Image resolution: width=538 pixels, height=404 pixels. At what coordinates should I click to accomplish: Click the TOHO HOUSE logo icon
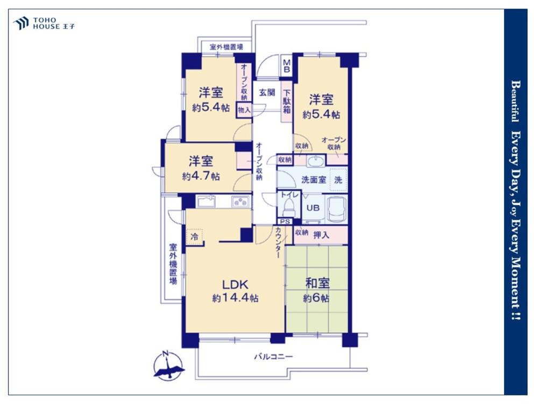tap(20, 23)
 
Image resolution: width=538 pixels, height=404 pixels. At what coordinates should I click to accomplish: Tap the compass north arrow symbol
tap(168, 365)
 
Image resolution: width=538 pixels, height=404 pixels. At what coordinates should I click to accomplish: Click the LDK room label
tap(235, 284)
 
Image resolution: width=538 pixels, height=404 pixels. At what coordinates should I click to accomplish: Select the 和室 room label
tap(317, 283)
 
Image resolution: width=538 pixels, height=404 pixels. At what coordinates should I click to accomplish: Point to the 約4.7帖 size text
tap(201, 176)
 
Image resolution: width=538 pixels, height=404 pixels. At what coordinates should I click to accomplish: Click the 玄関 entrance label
tap(267, 92)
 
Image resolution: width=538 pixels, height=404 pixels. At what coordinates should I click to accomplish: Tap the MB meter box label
tap(287, 66)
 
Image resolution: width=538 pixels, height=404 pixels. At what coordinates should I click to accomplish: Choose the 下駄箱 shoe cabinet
tap(287, 101)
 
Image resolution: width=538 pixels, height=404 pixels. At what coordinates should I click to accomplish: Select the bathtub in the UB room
tap(337, 208)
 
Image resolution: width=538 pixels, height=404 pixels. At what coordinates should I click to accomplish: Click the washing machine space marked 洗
tap(338, 180)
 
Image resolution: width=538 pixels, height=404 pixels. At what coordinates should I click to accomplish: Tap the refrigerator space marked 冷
tap(195, 236)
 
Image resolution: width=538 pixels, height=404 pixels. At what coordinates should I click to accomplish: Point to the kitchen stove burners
tap(241, 201)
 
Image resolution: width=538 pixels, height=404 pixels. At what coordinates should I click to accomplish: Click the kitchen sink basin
tap(206, 201)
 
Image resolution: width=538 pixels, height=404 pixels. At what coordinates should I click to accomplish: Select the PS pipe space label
tap(285, 221)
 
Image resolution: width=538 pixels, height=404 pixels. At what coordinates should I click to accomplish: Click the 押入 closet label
tap(321, 235)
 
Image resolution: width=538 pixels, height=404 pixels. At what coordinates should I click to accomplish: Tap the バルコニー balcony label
tap(273, 357)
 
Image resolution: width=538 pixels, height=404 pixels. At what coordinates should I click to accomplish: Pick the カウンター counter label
tap(278, 242)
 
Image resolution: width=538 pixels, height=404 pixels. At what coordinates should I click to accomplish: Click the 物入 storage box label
tap(244, 110)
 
